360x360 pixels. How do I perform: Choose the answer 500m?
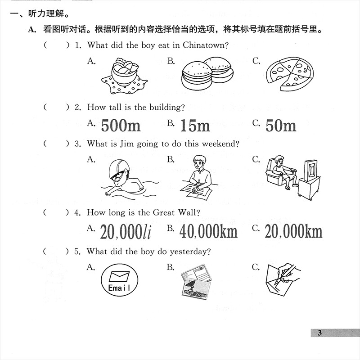121,125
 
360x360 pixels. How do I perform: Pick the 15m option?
195,125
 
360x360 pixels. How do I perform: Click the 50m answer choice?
281,125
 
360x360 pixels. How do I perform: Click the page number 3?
320,333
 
